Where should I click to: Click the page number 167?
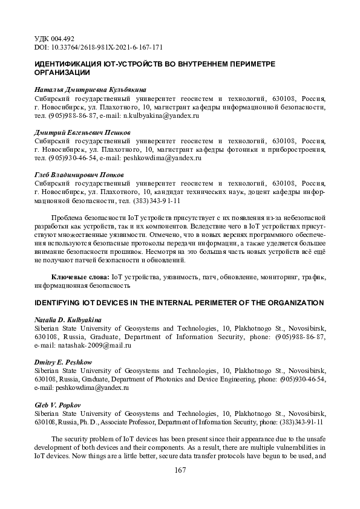(x=179, y=470)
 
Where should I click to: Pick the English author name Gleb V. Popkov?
(x=59, y=404)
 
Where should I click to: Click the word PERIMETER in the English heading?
(x=215, y=302)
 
